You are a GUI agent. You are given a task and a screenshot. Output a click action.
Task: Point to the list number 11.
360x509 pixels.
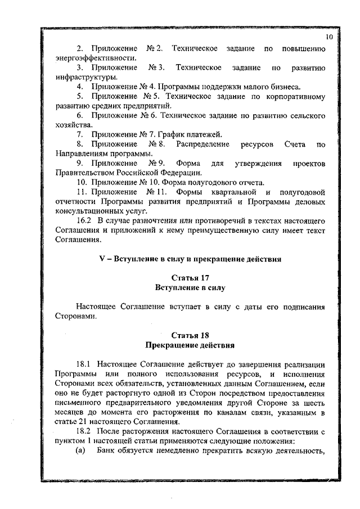[x=80, y=192]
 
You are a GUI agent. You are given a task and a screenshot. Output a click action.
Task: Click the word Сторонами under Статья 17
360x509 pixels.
[x=76, y=316]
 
